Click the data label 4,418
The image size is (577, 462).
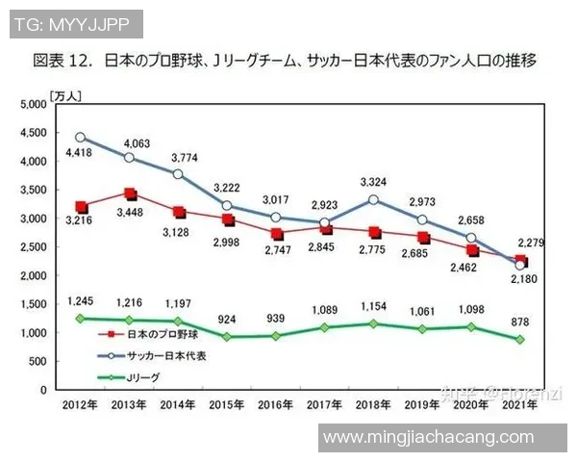[78, 152]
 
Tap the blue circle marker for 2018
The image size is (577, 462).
[373, 200]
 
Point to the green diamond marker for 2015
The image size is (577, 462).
[227, 337]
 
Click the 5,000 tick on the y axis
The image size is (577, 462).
[32, 105]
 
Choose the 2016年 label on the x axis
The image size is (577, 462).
[275, 406]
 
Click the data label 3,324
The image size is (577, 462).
[373, 181]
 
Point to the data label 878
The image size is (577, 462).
[520, 321]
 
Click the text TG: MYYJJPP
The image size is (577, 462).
[69, 22]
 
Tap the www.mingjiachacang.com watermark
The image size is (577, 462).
[428, 438]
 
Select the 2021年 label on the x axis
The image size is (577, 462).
[519, 406]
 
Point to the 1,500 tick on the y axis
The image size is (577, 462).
[32, 304]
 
